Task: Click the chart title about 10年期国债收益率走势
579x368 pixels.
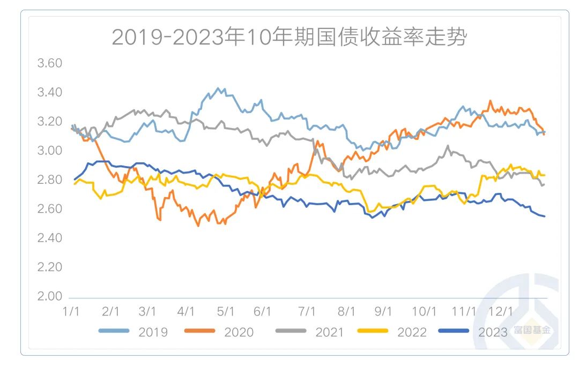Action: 289,38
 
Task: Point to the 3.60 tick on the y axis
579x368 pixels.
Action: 49,63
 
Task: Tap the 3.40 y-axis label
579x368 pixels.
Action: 49,93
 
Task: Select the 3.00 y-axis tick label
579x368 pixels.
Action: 49,151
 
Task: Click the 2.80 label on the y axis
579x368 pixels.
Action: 49,179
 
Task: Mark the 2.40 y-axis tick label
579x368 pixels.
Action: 49,238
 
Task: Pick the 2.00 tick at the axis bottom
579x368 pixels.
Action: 49,296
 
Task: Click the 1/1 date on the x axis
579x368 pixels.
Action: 72,311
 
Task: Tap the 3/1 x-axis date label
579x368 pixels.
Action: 147,311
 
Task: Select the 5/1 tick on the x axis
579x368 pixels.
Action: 226,311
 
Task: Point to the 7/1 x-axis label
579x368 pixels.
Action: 306,311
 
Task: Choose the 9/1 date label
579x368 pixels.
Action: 383,311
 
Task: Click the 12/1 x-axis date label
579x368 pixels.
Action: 502,311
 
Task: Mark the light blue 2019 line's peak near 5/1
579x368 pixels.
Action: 218,88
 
